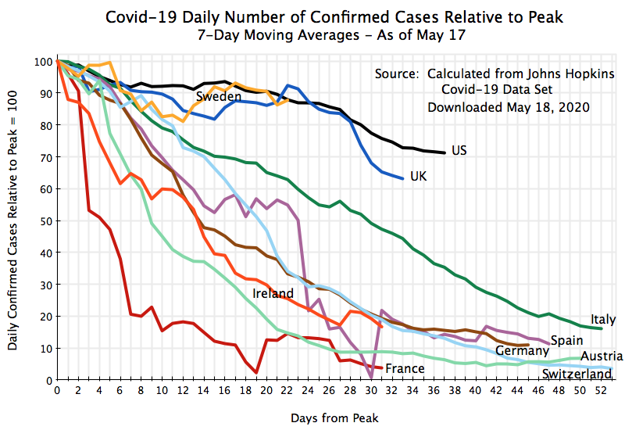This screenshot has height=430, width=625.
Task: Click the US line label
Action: point(459,149)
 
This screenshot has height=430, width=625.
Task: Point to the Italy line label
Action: point(604,319)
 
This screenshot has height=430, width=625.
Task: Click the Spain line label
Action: point(566,340)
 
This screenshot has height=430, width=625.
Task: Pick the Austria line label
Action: point(602,357)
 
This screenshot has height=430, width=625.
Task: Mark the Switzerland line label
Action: point(577,374)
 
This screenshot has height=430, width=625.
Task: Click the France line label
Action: point(405,368)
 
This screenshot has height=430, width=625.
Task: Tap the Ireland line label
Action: point(273,294)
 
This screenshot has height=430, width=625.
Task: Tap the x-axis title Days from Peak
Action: point(334,418)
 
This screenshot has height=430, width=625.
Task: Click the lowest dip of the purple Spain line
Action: point(370,378)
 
